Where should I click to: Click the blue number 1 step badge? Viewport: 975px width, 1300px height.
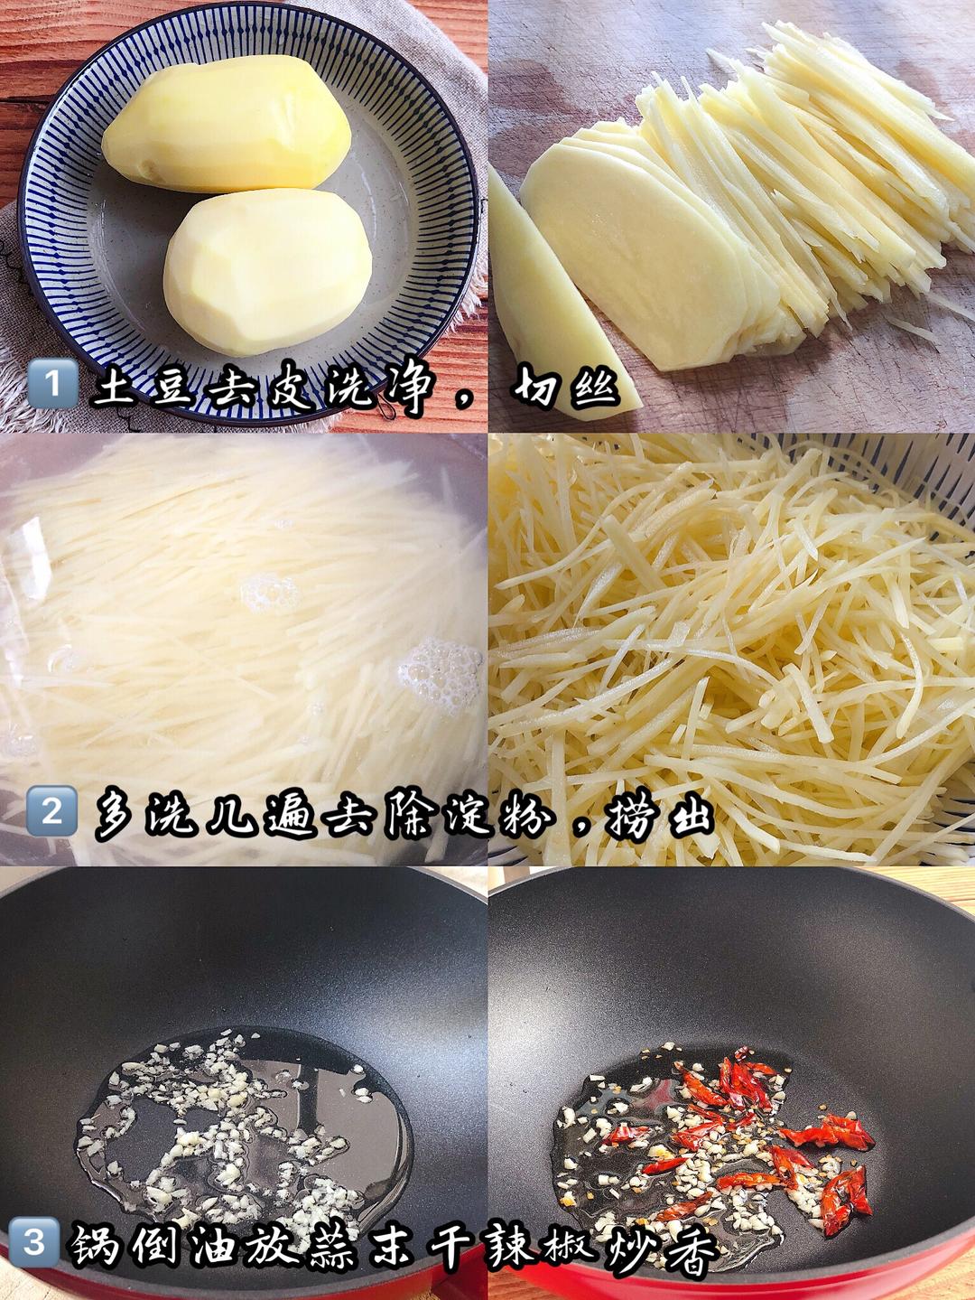click(52, 383)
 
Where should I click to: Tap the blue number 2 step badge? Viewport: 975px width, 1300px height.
click(51, 810)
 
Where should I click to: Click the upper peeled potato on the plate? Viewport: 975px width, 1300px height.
click(227, 123)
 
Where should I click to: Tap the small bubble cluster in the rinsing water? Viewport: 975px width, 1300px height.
click(270, 594)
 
